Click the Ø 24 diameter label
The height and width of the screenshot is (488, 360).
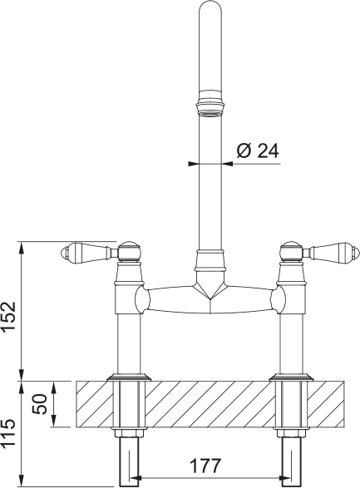point(257,150)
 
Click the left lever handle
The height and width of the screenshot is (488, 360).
point(85,249)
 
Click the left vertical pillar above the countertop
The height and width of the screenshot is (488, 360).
point(128,341)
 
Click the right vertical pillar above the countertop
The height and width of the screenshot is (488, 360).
point(292,341)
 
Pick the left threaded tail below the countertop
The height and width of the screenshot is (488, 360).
point(128,457)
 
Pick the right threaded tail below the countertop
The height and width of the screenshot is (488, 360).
point(292,457)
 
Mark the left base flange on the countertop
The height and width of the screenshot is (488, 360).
point(128,378)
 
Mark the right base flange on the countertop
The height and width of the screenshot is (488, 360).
point(292,378)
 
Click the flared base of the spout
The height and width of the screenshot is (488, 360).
point(210,263)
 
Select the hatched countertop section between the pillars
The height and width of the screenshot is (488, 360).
point(210,405)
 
